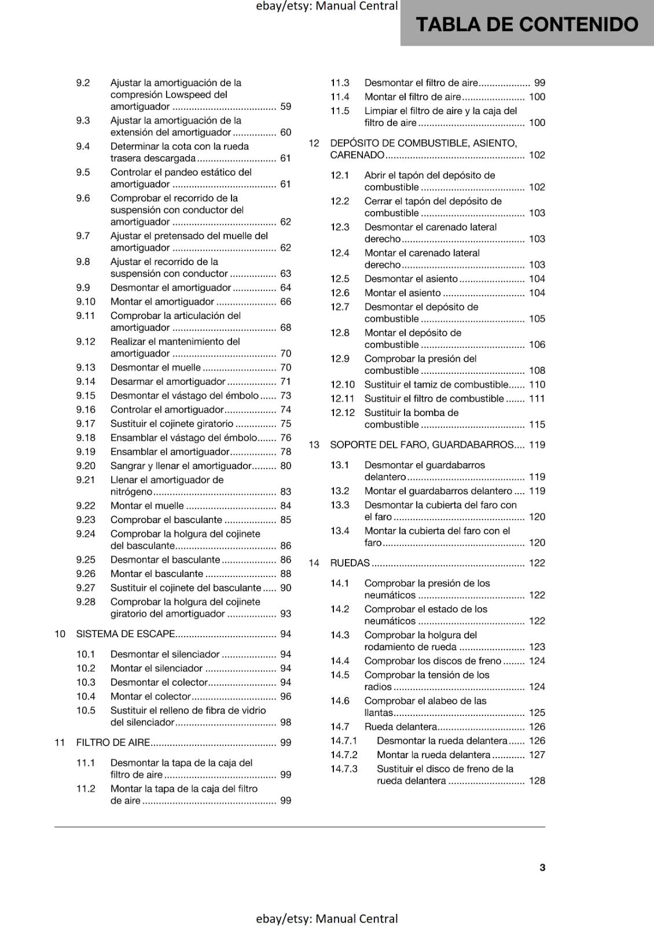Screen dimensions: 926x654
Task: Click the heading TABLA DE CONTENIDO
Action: [527, 24]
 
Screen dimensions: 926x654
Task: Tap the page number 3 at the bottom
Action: [542, 867]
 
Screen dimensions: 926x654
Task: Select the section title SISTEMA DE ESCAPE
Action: [126, 634]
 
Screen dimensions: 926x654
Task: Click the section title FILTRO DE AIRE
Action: [113, 743]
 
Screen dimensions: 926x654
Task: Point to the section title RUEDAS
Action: [350, 563]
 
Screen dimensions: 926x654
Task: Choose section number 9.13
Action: [86, 368]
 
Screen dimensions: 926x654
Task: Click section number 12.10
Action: [343, 384]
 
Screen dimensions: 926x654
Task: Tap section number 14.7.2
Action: [344, 755]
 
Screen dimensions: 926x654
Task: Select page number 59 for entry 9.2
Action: [285, 106]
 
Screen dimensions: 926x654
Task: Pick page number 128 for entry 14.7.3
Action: [537, 781]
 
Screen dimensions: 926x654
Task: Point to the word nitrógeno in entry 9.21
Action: [131, 491]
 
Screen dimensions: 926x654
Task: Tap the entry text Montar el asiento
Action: [402, 293]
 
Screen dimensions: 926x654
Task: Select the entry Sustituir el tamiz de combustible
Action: [436, 384]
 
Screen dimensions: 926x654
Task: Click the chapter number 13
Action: [314, 444]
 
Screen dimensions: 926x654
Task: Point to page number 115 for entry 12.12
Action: [537, 424]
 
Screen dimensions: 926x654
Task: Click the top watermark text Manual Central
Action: [357, 6]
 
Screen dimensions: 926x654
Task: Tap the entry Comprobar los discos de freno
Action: [433, 661]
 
